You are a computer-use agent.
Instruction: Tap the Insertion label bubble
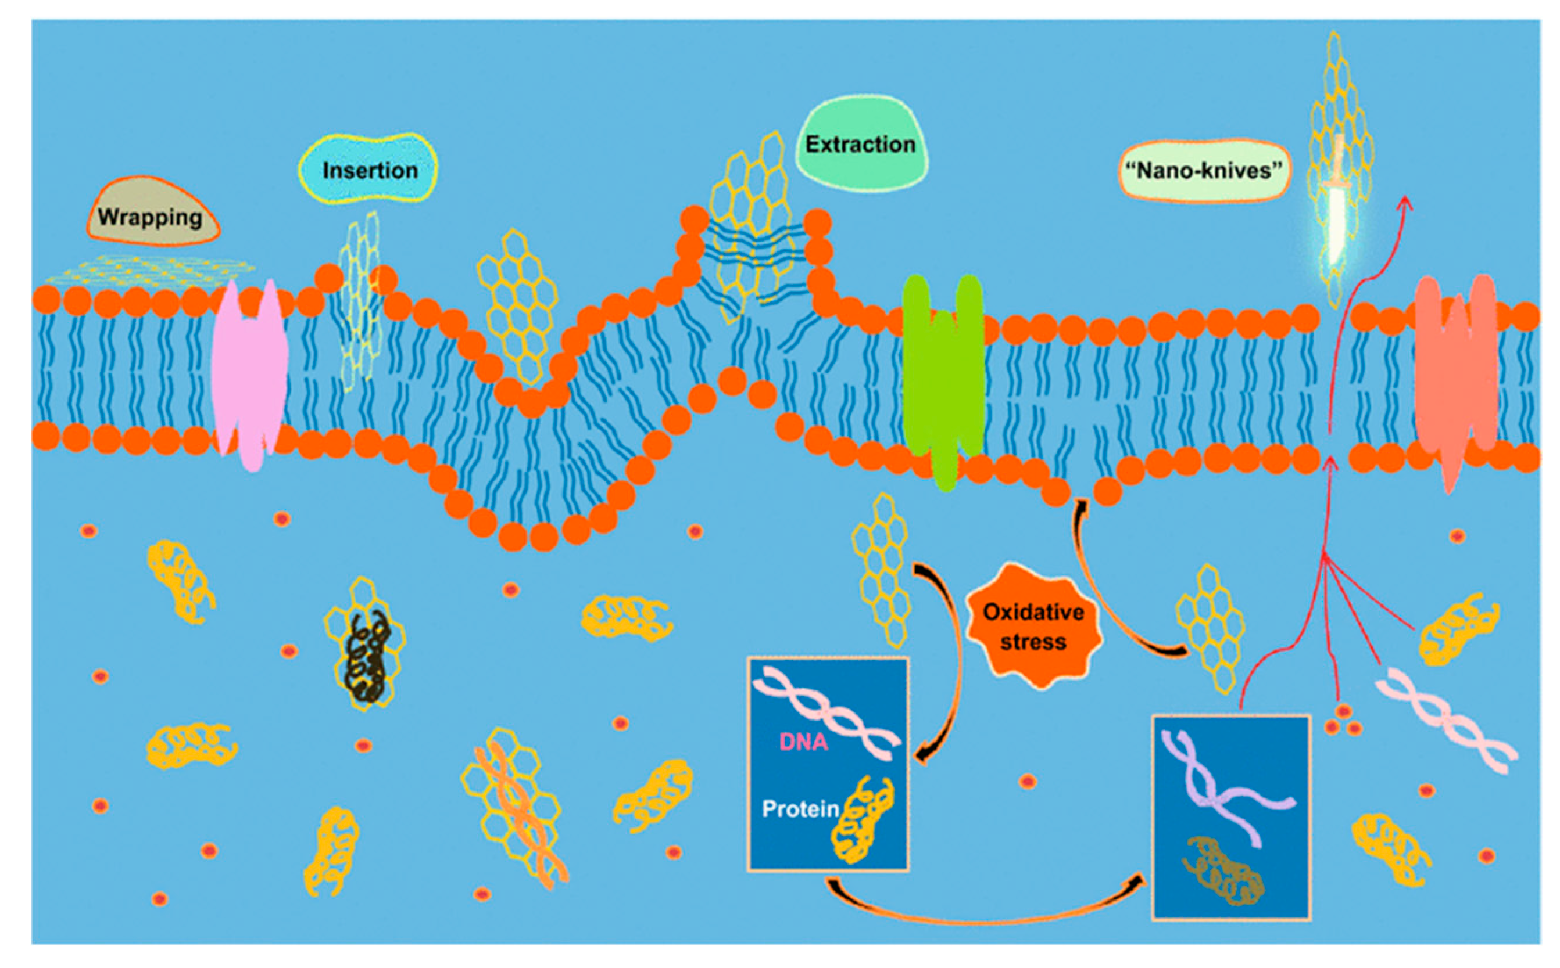[370, 170]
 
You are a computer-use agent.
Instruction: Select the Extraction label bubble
[860, 144]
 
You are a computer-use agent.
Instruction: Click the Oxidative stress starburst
[1033, 627]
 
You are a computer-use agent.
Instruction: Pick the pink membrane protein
[249, 375]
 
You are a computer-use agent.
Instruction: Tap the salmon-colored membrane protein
[1455, 377]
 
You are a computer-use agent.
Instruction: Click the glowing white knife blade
[1336, 224]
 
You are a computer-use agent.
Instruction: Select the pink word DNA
[803, 742]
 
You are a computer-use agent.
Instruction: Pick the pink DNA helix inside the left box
[826, 711]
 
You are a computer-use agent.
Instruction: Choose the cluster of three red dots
[1343, 721]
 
